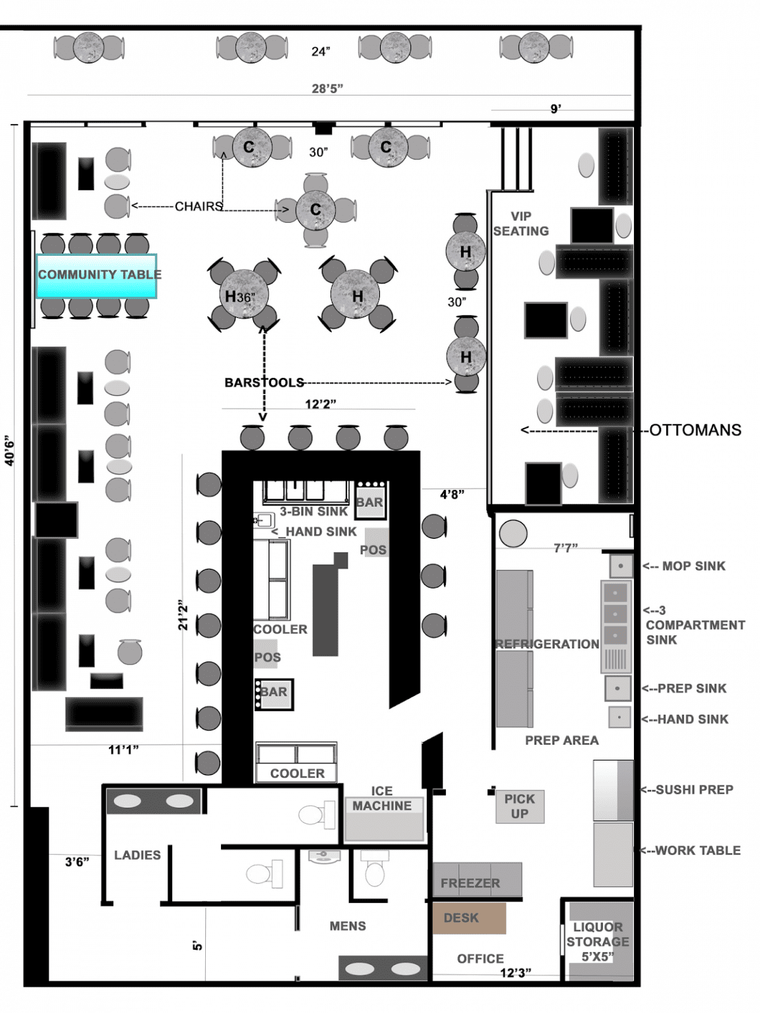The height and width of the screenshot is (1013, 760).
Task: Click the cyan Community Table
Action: coord(96,276)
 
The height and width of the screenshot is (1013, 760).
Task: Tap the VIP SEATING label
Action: coord(521,224)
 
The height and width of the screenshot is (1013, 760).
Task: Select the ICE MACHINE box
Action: coord(383,814)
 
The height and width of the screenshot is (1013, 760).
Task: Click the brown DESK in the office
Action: coord(468,917)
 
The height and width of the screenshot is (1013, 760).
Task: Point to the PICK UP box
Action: coord(520,806)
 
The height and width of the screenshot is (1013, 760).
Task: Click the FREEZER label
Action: coord(470,883)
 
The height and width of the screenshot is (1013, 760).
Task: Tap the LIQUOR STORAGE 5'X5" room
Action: coord(598,941)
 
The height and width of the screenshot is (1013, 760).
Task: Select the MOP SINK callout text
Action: coord(693,566)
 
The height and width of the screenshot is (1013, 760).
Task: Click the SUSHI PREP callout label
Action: coord(694,789)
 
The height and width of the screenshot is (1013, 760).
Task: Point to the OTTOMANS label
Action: coord(695,430)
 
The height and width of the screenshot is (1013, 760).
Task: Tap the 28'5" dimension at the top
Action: coord(327,88)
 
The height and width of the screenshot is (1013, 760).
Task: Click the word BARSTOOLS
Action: coord(264,383)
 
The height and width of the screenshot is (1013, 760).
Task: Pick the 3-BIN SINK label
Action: coord(313,511)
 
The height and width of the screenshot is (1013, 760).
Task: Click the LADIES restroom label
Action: coord(137,855)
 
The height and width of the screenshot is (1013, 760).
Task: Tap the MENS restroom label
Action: coord(348,926)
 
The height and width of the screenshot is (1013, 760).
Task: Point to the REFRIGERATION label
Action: coord(548,644)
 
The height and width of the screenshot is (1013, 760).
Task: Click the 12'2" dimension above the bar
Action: coord(321,404)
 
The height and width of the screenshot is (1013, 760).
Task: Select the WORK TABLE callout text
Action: coord(697,850)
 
